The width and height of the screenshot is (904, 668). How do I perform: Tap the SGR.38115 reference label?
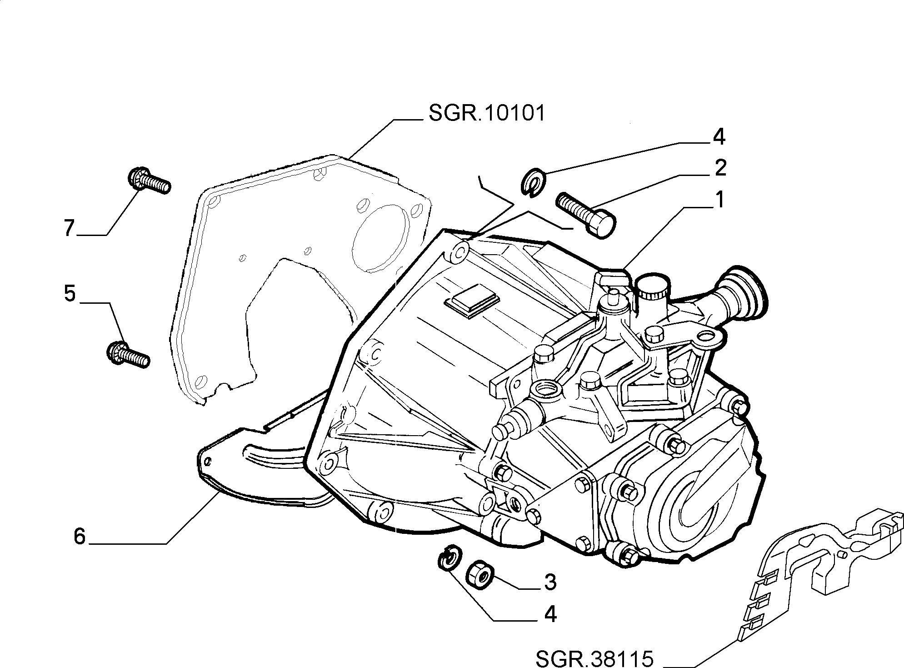coord(594,658)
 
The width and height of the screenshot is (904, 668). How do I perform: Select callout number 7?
coord(69,228)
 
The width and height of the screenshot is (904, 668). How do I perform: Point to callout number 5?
coord(70,293)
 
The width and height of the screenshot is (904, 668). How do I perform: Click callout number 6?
coord(80,537)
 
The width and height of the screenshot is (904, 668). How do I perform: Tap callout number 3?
coord(550,582)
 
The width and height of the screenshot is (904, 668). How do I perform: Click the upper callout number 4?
coord(719,137)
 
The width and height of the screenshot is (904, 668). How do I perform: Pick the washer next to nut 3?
coord(450,556)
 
